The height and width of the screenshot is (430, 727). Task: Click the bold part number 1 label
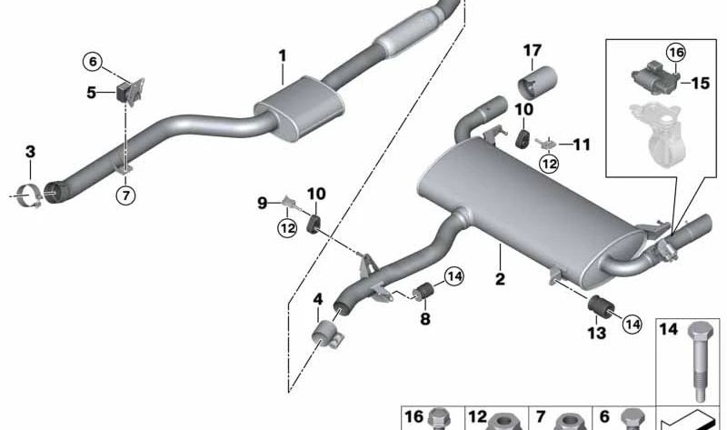pyautogui.click(x=283, y=56)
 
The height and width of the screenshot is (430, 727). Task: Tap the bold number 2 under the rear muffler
pyautogui.click(x=500, y=279)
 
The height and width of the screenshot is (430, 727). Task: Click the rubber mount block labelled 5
pyautogui.click(x=123, y=93)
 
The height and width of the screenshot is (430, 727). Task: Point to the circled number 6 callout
pyautogui.click(x=93, y=61)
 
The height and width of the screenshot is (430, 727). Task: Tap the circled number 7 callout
pyautogui.click(x=126, y=195)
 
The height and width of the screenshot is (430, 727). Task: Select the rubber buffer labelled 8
pyautogui.click(x=423, y=291)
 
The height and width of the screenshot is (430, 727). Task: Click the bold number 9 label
pyautogui.click(x=263, y=203)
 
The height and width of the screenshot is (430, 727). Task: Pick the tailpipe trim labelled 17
pyautogui.click(x=537, y=84)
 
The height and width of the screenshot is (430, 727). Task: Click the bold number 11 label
pyautogui.click(x=582, y=145)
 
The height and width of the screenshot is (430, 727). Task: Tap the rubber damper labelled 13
pyautogui.click(x=601, y=306)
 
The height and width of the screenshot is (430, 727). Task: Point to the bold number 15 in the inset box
pyautogui.click(x=701, y=84)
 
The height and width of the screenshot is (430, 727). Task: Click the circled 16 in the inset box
pyautogui.click(x=676, y=53)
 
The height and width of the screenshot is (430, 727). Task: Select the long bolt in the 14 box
pyautogui.click(x=698, y=362)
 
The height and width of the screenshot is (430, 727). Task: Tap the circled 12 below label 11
pyautogui.click(x=549, y=164)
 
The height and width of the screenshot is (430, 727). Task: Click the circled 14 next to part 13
pyautogui.click(x=632, y=324)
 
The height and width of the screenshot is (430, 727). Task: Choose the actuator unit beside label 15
pyautogui.click(x=654, y=74)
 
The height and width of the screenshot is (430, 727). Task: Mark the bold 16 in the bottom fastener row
pyautogui.click(x=414, y=417)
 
